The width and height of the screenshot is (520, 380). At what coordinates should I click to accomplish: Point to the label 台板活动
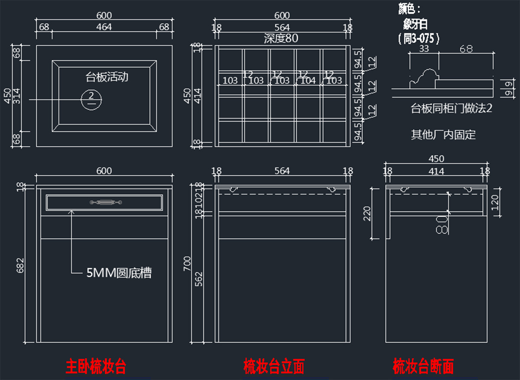(107, 77)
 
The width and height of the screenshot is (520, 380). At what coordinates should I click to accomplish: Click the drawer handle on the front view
(104, 202)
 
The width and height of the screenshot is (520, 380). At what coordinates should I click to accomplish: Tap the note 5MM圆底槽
(119, 273)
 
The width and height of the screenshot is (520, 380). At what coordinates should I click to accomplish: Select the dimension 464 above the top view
(104, 27)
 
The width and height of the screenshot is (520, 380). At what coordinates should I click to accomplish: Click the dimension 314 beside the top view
(17, 96)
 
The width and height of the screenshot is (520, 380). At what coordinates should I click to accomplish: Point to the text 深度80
(281, 38)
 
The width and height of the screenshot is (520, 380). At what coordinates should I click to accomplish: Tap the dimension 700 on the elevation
(187, 263)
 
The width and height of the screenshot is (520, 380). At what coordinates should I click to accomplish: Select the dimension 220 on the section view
(367, 213)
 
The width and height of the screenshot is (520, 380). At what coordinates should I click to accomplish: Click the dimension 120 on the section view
(496, 200)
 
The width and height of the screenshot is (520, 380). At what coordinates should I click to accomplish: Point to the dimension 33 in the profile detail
(424, 49)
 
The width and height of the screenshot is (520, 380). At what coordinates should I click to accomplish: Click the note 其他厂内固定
(443, 135)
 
